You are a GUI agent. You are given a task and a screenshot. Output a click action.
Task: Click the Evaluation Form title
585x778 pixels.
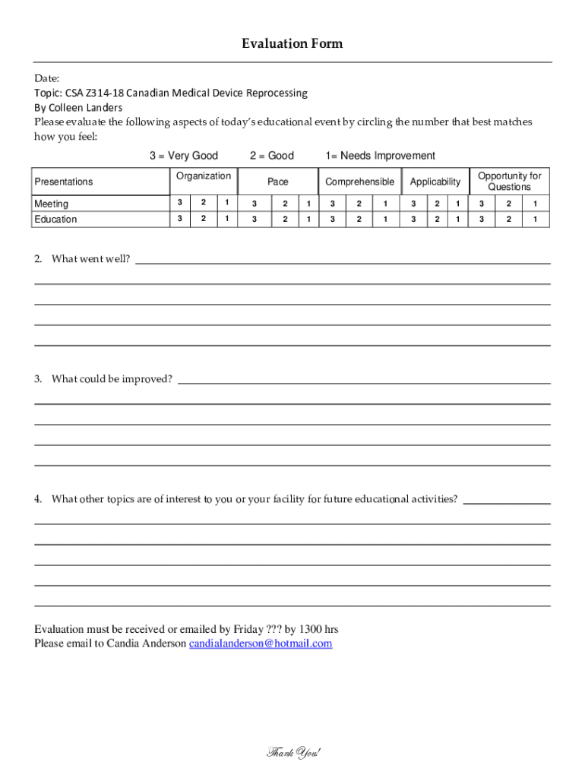point(292,43)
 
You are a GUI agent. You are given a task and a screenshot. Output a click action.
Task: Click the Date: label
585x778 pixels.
point(46,78)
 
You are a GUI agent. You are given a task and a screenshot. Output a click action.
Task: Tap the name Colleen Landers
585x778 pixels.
point(84,107)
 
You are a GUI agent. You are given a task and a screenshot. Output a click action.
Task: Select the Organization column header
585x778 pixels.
point(203,176)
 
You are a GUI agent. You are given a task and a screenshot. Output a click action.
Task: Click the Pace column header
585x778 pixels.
point(278,182)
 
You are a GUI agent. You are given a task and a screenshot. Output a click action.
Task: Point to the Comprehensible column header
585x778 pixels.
point(359,182)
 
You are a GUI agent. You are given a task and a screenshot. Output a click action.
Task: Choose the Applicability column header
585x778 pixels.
point(435,182)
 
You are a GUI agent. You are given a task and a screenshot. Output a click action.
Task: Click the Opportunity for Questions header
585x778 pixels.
point(509,182)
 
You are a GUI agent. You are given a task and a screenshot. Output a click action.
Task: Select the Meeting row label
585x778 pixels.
point(51,204)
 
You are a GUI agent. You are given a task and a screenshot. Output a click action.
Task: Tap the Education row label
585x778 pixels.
point(55,220)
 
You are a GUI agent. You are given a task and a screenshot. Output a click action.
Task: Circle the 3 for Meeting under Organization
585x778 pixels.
point(179,203)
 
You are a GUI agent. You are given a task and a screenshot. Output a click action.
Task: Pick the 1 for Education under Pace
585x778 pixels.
point(308,220)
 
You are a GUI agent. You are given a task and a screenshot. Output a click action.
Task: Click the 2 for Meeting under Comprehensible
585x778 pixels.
point(359,204)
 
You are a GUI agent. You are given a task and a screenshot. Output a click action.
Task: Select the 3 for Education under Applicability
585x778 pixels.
point(414,220)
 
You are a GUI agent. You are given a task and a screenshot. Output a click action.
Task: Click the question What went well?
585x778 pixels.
point(90,259)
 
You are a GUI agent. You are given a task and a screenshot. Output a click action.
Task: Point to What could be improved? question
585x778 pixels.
point(112,379)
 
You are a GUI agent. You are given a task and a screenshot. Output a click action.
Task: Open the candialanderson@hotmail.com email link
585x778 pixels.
point(260,644)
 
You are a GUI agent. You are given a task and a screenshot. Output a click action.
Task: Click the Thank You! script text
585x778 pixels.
point(293,753)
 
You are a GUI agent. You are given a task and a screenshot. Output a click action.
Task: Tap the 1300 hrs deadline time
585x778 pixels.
point(319,629)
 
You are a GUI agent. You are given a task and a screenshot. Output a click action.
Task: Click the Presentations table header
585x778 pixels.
point(64,182)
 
